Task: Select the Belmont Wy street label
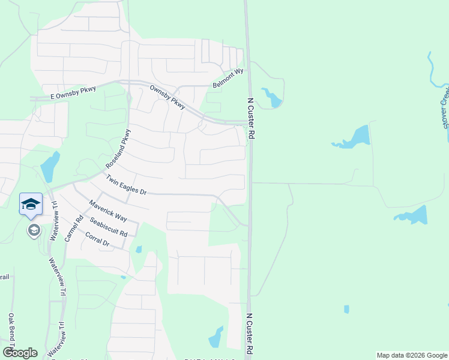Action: click(x=228, y=79)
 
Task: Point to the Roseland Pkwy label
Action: click(x=118, y=148)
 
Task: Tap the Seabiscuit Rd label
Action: click(x=108, y=227)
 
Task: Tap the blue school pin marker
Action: click(x=31, y=204)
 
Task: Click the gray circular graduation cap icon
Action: click(x=34, y=230)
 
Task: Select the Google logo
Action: click(x=20, y=353)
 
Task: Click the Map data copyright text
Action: click(x=411, y=355)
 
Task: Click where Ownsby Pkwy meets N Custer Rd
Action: click(x=248, y=124)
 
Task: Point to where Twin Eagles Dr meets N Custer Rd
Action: click(x=247, y=225)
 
